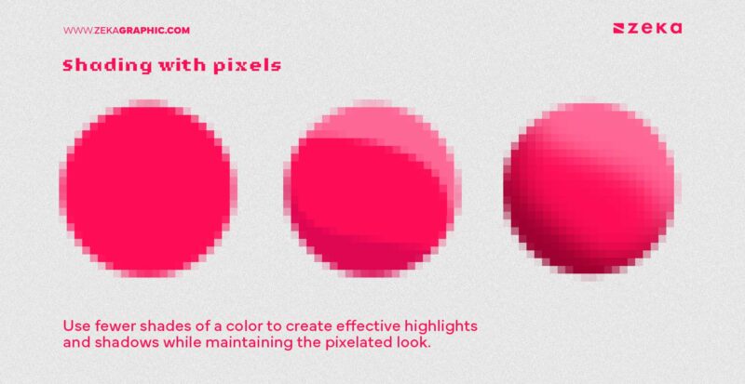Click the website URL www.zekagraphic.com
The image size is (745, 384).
[126, 30]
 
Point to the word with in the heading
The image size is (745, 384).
[173, 66]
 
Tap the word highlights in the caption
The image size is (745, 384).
[452, 327]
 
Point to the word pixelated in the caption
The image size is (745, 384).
[355, 344]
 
